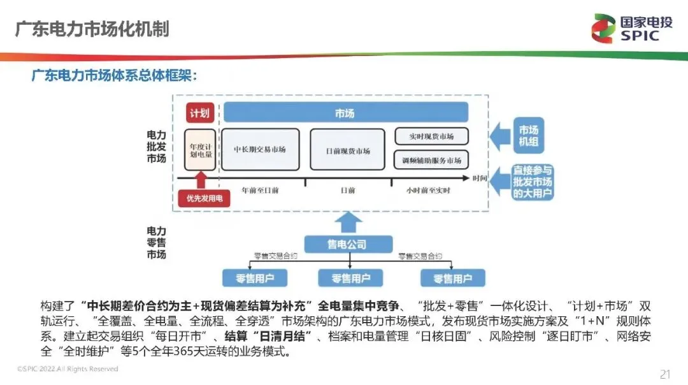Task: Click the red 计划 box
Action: [199, 113]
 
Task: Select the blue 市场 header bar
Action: [345, 113]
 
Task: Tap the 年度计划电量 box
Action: [200, 149]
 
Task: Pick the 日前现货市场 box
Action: [347, 150]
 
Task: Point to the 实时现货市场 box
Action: [432, 136]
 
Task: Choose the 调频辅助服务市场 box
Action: [432, 159]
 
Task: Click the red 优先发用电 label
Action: [204, 199]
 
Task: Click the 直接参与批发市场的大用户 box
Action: [533, 182]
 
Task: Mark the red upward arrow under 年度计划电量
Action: [201, 179]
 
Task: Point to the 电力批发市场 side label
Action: [156, 147]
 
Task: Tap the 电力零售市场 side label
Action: [156, 243]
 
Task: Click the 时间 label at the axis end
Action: [480, 178]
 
